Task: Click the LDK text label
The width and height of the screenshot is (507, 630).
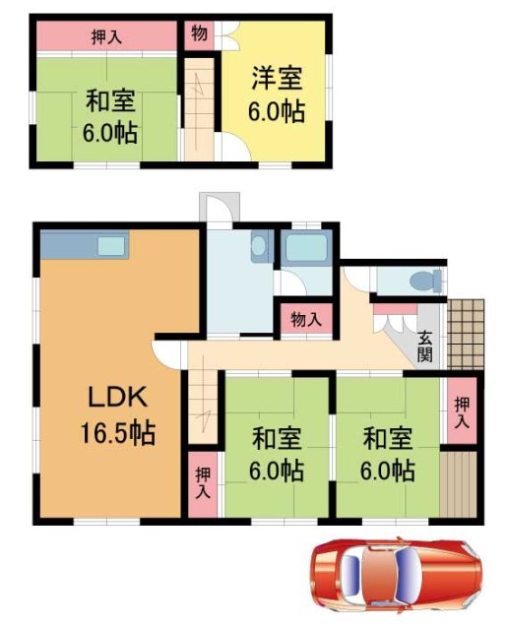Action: pyautogui.click(x=117, y=399)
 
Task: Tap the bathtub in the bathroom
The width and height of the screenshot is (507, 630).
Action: pyautogui.click(x=306, y=250)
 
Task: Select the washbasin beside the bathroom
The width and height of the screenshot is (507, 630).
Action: pyautogui.click(x=260, y=243)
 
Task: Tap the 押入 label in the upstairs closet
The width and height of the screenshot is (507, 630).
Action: pyautogui.click(x=106, y=37)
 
